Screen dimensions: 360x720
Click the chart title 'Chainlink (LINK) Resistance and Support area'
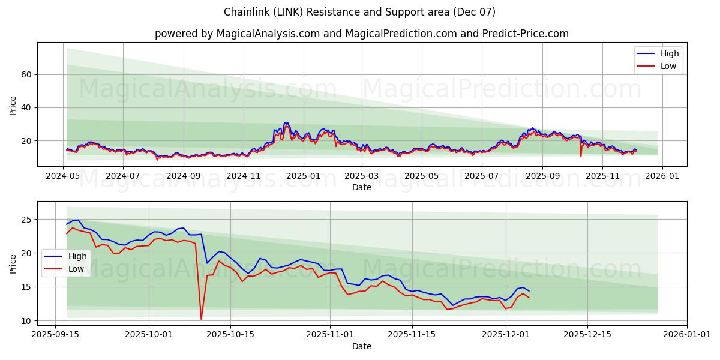pyautogui.click(x=359, y=12)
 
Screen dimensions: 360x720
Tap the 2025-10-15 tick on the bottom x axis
pyautogui.click(x=230, y=334)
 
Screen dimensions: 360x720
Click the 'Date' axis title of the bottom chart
pyautogui.click(x=361, y=346)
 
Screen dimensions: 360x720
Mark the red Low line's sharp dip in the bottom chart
pyautogui.click(x=201, y=319)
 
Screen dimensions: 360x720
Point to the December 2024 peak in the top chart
pyautogui.click(x=286, y=123)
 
